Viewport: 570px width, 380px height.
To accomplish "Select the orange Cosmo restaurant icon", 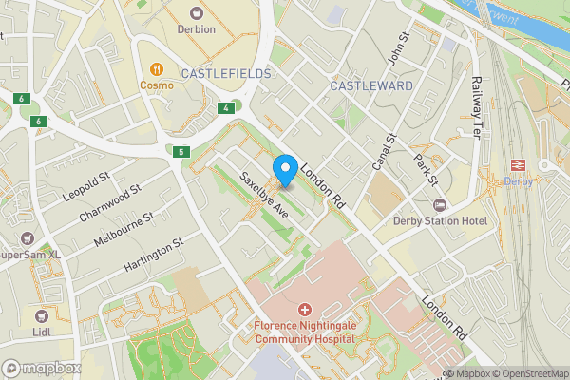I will click(157, 68).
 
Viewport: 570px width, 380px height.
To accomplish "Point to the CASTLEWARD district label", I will click(371, 86).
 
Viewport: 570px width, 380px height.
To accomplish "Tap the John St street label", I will click(398, 50).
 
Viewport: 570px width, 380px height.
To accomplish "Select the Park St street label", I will click(425, 168).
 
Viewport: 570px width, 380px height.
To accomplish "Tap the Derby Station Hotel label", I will click(440, 221).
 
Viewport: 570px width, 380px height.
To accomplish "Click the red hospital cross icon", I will click(304, 310).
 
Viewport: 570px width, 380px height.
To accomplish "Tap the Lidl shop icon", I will click(41, 314).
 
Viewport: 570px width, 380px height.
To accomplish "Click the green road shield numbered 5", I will click(180, 152).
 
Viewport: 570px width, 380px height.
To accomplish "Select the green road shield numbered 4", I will click(225, 108).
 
